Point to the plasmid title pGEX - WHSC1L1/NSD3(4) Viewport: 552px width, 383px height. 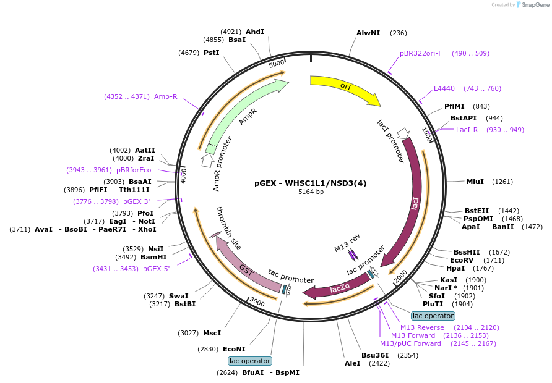[310, 183]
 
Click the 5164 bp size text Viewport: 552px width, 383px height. [311, 192]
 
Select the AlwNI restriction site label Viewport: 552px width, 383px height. [368, 33]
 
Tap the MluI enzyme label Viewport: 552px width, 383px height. [475, 182]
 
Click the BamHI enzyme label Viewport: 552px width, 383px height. [153, 257]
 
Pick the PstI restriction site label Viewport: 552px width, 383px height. [211, 53]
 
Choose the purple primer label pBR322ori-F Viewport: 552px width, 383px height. [421, 53]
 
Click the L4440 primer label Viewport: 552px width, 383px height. [444, 88]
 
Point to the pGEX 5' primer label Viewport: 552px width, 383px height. [156, 269]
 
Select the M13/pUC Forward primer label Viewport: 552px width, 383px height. [410, 343]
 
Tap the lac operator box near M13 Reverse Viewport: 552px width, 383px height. [433, 316]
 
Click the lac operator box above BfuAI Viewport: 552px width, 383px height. [250, 361]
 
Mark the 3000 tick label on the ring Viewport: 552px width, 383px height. [257, 302]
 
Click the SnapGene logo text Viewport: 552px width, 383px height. [535, 4]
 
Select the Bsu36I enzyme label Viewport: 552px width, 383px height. [375, 355]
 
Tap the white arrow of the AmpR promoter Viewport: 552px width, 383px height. [207, 161]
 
